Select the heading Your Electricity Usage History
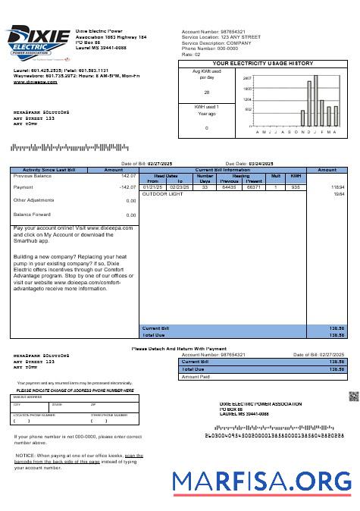coord(262,64)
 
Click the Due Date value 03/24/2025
coord(259,163)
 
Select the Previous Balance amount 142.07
coord(127,176)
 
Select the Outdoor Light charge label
coord(163,194)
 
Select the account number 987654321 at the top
coord(232,32)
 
